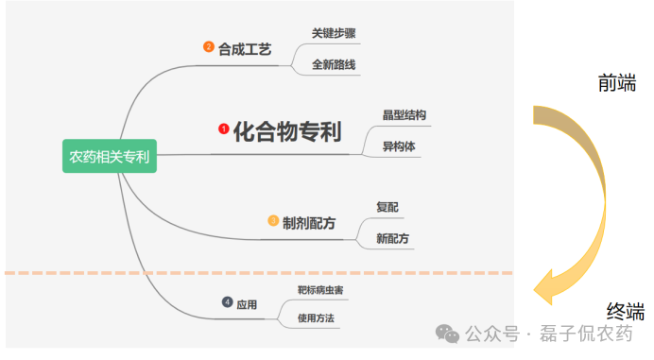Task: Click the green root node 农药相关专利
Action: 109,155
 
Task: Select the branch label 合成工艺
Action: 245,48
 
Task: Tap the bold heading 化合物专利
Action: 287,129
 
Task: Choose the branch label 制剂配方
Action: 309,223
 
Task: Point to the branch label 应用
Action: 247,303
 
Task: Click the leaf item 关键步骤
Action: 334,33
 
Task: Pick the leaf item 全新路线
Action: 334,65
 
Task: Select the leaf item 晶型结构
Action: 404,114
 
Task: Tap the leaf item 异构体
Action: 399,146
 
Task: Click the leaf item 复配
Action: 387,207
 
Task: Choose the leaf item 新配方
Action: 392,239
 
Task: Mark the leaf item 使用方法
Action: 316,318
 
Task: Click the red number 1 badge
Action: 224,129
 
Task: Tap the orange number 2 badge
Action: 209,46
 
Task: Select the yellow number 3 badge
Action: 273,221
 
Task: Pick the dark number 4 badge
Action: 227,302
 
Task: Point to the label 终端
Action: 625,311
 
